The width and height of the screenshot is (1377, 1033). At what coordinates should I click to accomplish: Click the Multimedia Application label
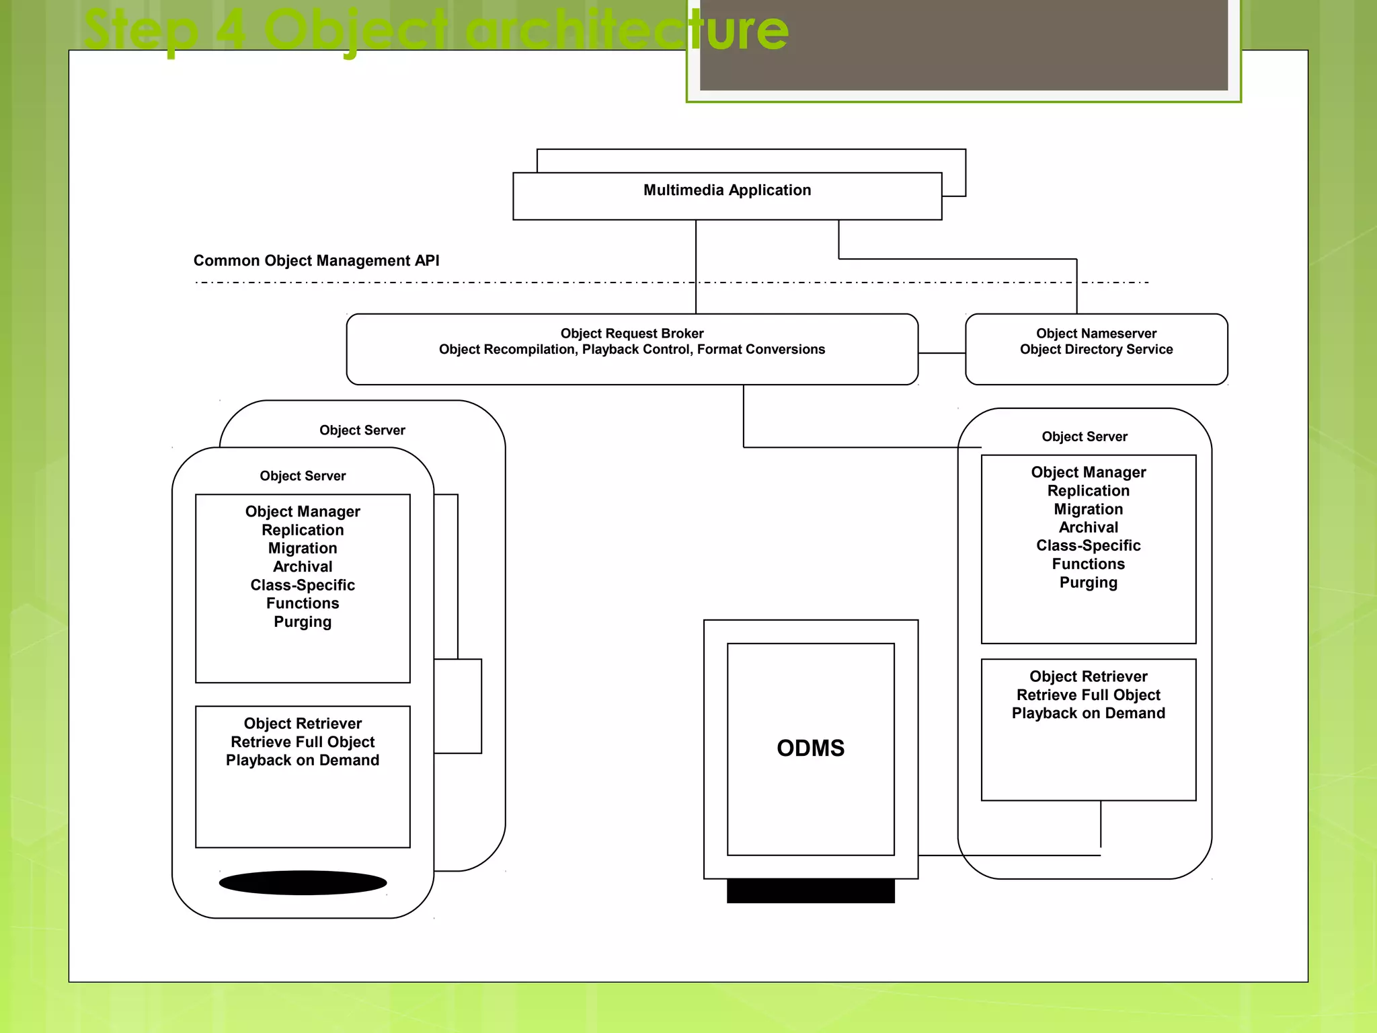pos(727,190)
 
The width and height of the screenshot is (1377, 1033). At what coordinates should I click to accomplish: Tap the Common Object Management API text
pos(316,261)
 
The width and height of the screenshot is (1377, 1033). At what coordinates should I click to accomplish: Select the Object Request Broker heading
pos(631,334)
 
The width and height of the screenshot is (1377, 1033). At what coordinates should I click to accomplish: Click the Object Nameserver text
pos(1096,334)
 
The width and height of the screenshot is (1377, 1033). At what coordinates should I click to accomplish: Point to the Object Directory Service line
pos(1096,350)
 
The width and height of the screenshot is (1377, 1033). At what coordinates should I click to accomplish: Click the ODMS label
pos(810,749)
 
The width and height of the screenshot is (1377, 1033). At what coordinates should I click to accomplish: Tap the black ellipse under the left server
pos(303,882)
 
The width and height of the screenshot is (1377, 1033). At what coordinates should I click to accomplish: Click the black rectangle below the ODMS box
pos(810,891)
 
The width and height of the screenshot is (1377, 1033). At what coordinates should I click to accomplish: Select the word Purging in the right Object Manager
pos(1088,582)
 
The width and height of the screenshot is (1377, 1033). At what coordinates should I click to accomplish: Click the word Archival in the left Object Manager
pos(303,567)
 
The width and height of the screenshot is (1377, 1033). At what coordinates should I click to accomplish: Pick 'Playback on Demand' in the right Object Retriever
pos(1088,714)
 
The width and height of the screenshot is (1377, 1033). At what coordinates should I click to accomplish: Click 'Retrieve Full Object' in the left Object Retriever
pos(303,742)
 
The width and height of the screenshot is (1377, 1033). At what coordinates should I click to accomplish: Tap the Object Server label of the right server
pos(1084,436)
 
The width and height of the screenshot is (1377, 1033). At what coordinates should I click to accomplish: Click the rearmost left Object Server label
pos(362,430)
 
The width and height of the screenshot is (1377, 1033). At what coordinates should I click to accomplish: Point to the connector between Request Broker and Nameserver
pos(941,353)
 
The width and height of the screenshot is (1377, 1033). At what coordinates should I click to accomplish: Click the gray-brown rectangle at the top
pos(963,44)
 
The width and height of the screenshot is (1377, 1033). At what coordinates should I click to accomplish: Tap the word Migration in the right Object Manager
pos(1088,509)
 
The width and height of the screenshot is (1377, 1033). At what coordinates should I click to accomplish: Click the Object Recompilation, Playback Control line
pos(631,350)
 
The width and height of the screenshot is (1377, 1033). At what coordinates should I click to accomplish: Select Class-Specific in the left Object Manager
pos(303,585)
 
